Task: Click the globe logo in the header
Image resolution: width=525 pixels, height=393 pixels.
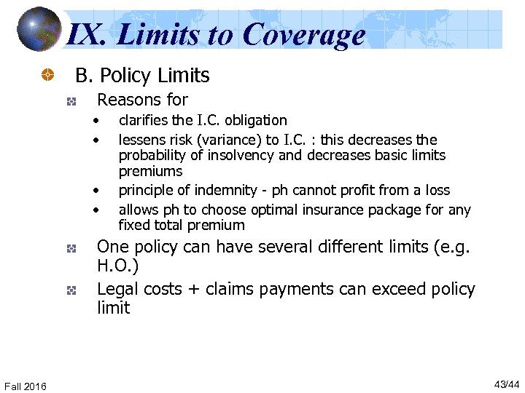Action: [39, 30]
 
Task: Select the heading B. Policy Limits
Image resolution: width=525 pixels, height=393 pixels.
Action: [143, 76]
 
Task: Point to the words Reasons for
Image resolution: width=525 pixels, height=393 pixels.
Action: [142, 100]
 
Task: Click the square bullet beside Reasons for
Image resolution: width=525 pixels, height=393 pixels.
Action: [71, 100]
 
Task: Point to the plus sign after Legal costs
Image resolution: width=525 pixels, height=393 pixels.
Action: [194, 290]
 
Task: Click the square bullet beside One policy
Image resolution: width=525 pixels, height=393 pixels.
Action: [71, 248]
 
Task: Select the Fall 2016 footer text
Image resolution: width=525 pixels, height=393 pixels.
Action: [26, 386]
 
